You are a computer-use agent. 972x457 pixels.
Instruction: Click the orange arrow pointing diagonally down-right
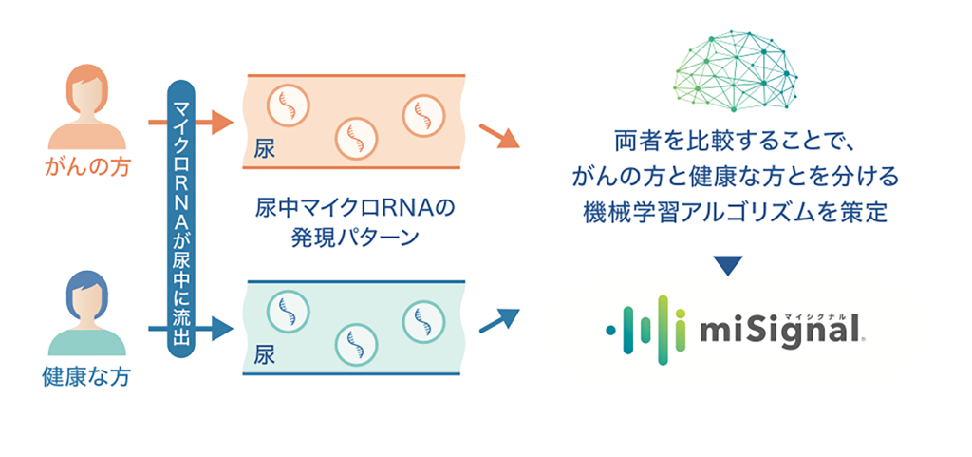[499, 138]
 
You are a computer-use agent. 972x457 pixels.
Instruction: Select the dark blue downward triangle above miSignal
[727, 266]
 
